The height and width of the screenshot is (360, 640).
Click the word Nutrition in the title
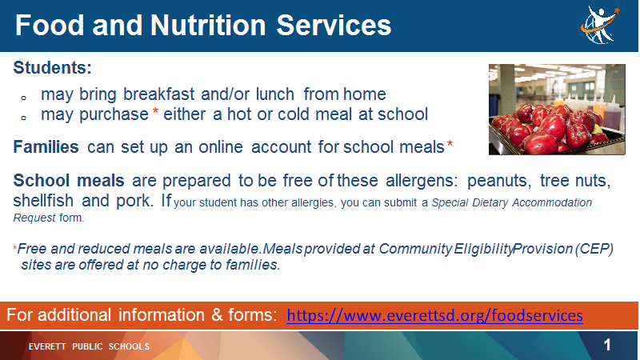[208, 26]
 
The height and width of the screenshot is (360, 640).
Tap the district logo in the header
[600, 25]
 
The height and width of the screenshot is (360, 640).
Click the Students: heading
[52, 68]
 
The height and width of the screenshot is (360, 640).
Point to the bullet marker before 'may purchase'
[24, 118]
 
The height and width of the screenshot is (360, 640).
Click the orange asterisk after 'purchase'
[155, 111]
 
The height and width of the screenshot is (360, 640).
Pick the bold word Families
[46, 147]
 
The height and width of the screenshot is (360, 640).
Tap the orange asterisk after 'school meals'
[450, 144]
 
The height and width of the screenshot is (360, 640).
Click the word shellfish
[44, 201]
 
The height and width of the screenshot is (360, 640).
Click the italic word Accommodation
[552, 202]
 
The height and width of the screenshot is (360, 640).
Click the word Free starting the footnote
[33, 249]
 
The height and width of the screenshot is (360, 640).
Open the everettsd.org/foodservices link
[434, 315]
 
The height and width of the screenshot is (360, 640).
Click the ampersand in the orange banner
[217, 315]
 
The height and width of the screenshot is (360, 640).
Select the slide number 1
[607, 345]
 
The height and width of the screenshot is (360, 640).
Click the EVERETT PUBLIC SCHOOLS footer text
[89, 346]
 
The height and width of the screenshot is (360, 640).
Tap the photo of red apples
[557, 110]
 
